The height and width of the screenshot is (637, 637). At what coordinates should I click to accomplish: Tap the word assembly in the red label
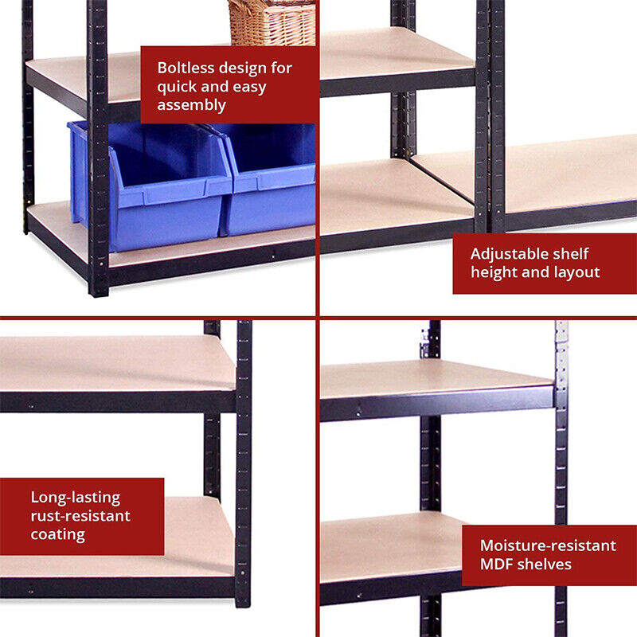[x=191, y=105]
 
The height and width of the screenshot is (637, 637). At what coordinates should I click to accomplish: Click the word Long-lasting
[x=76, y=498]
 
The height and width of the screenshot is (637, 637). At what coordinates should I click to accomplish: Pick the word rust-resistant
[x=80, y=516]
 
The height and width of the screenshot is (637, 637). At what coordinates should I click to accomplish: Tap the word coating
[x=57, y=534]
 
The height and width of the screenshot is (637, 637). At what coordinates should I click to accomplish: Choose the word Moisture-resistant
[x=548, y=545]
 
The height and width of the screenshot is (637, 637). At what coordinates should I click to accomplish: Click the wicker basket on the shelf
[x=272, y=22]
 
